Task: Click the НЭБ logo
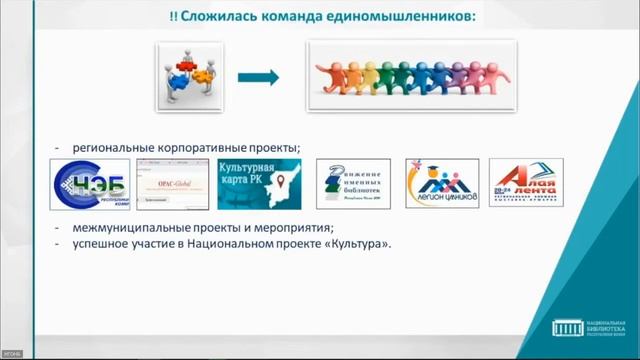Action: click(x=89, y=186)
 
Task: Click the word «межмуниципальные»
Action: click(x=127, y=228)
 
